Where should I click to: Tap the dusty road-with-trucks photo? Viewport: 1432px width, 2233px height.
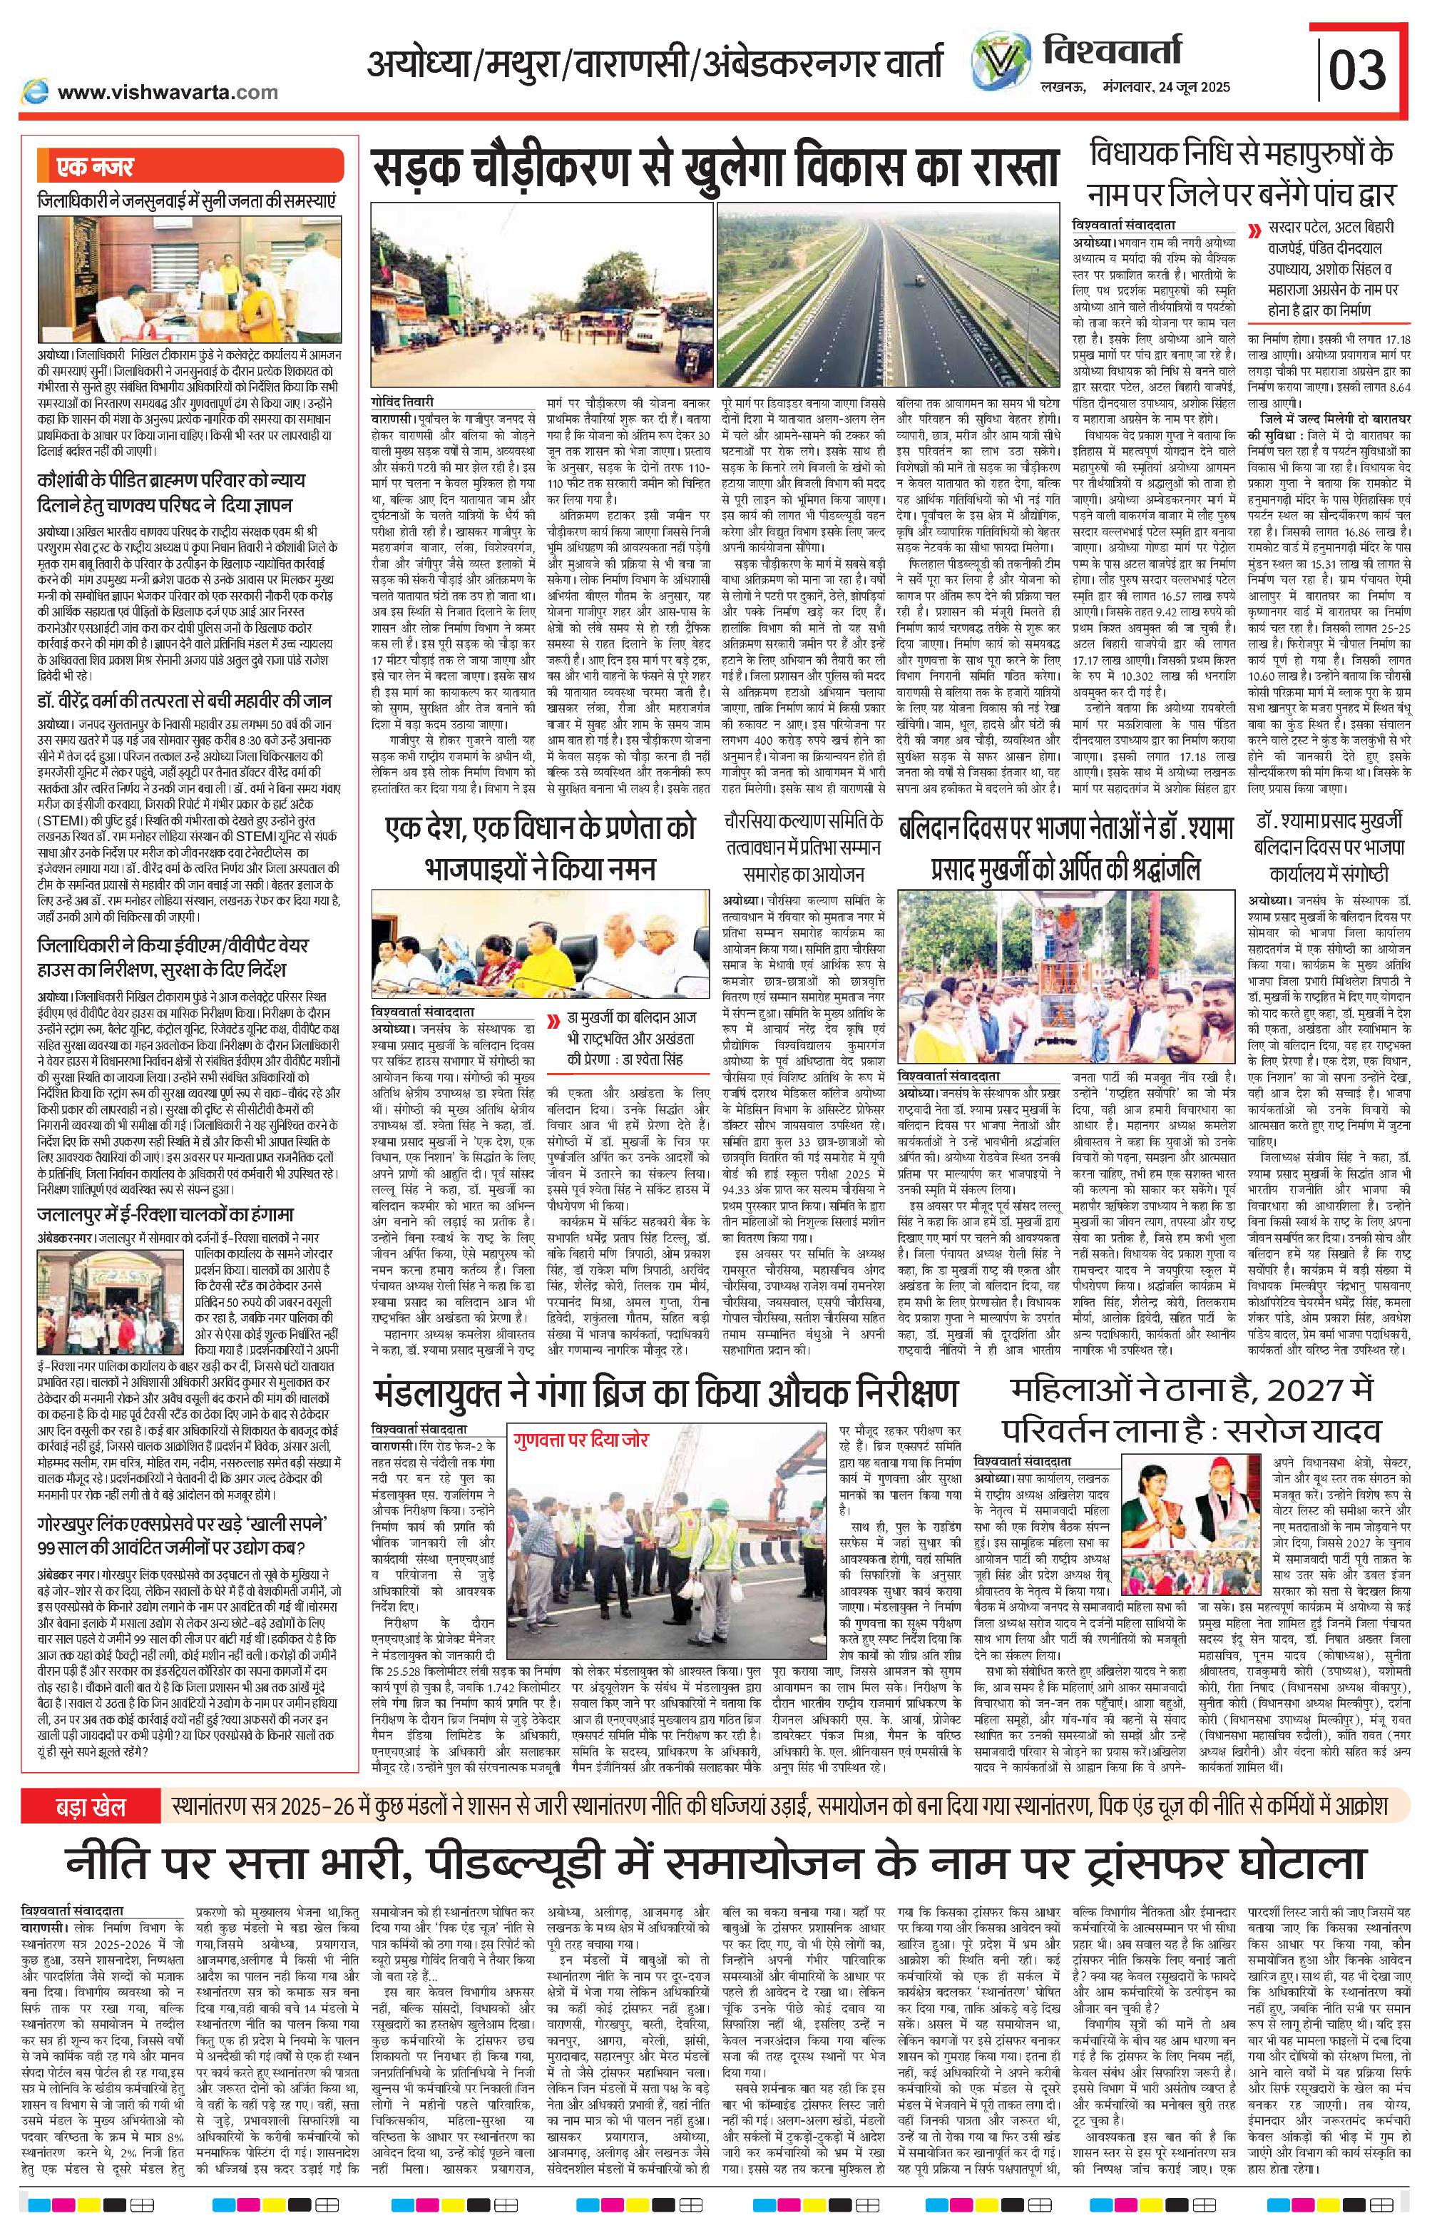click(x=541, y=301)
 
